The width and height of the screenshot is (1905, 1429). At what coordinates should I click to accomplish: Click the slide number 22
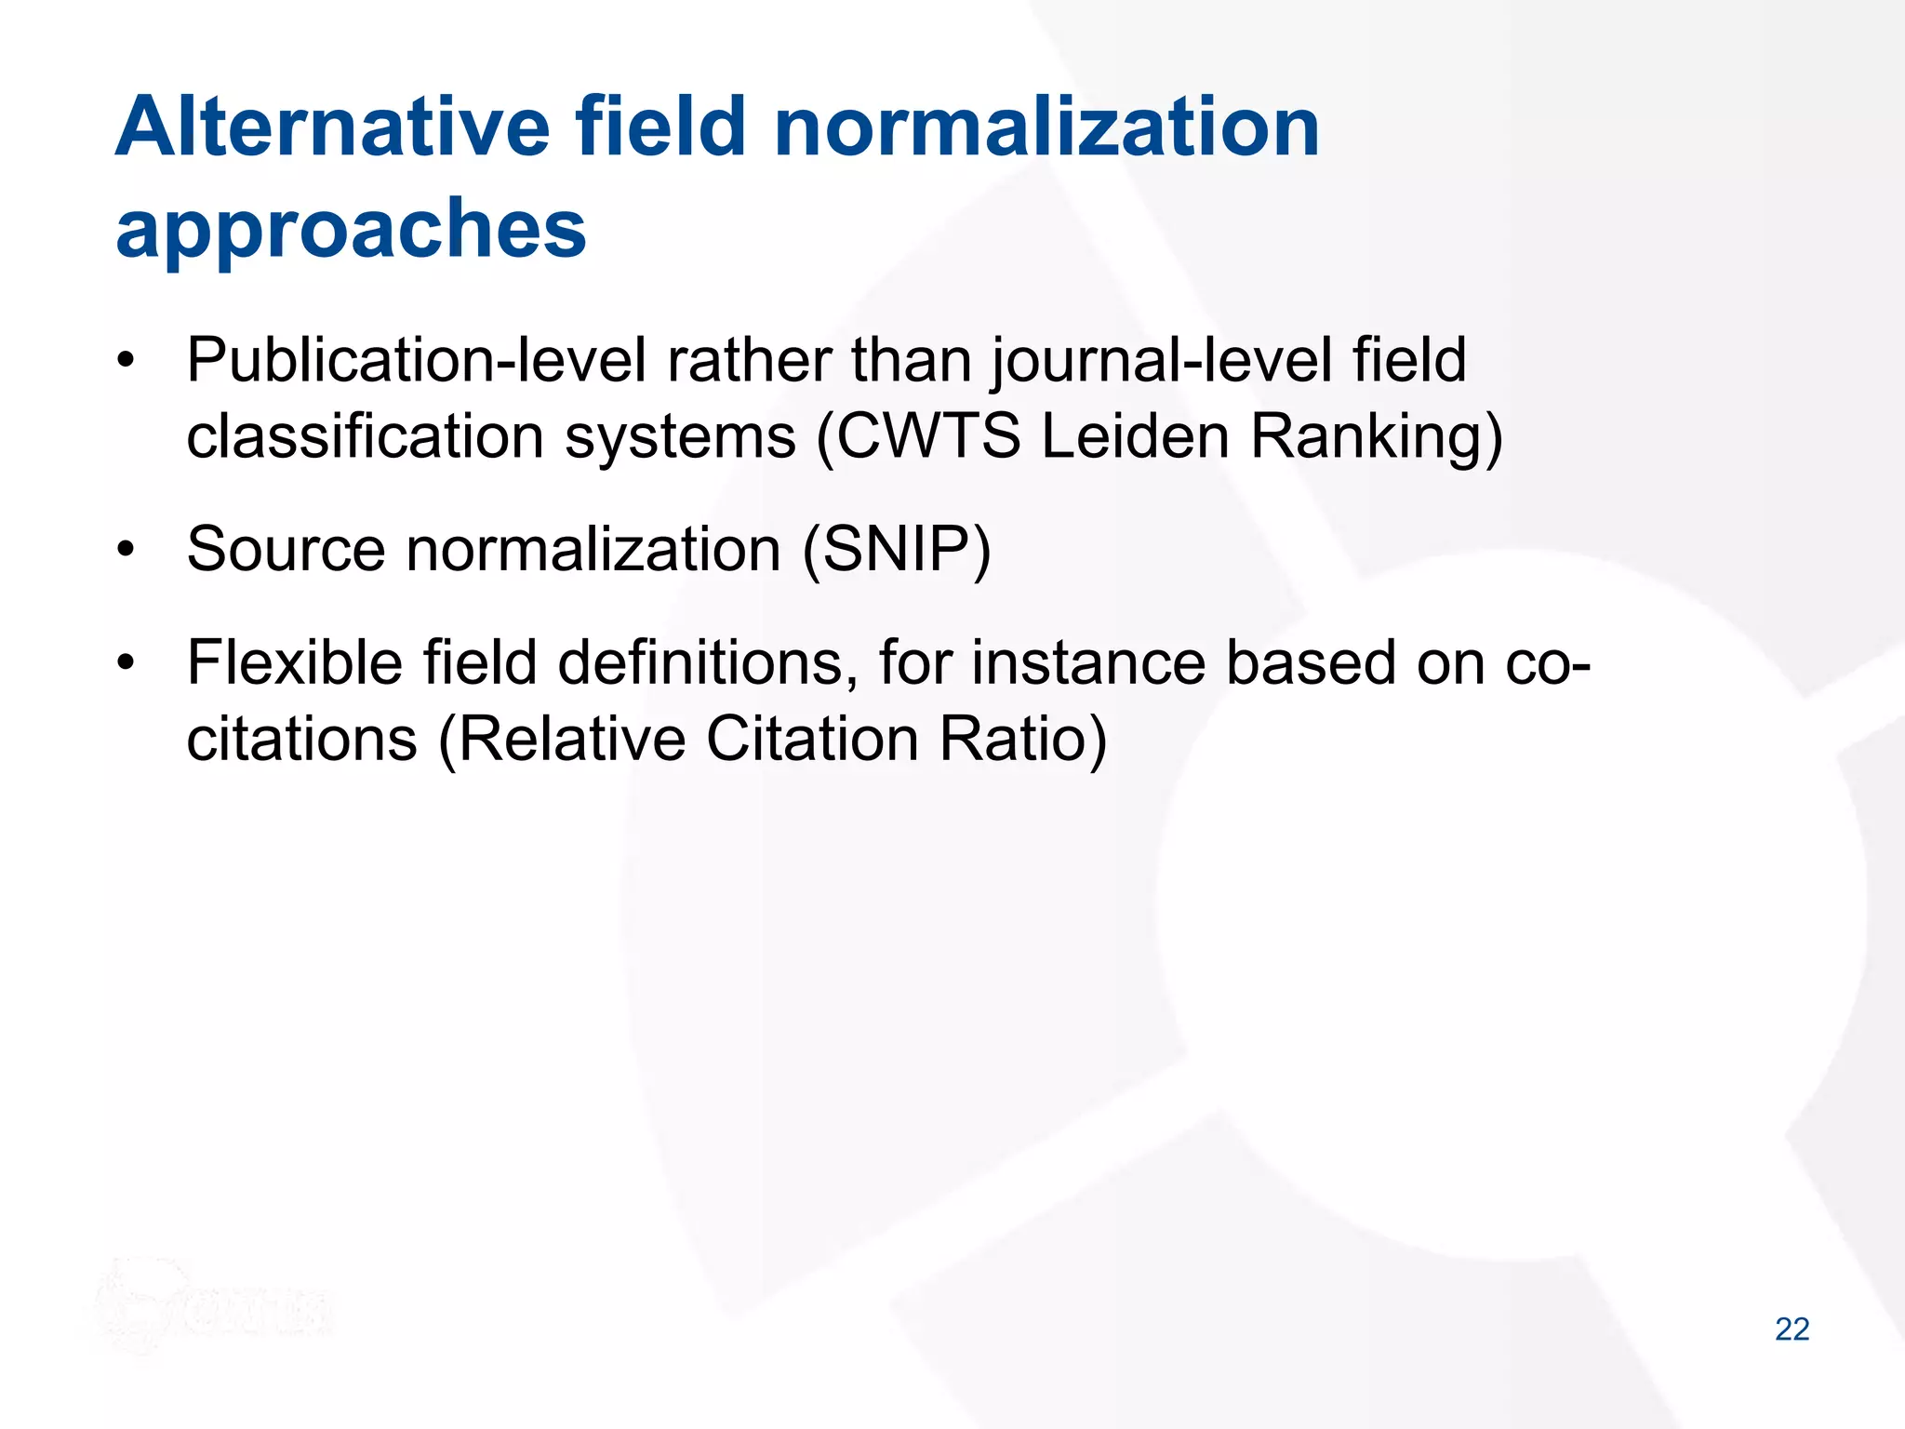pos(1792,1329)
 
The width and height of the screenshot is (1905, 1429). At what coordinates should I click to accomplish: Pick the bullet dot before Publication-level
pos(127,361)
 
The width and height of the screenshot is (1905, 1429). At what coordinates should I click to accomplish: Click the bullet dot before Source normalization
pos(127,550)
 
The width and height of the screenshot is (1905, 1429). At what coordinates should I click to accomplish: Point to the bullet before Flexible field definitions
pos(127,663)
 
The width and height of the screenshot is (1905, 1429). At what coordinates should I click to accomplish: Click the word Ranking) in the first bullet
pos(1376,436)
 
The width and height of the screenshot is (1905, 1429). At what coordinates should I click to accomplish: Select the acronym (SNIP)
pos(897,550)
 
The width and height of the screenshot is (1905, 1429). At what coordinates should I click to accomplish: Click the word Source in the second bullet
pos(285,550)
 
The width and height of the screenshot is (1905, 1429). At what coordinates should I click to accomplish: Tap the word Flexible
pos(294,663)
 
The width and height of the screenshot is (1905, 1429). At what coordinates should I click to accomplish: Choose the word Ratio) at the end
pos(1022,740)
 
